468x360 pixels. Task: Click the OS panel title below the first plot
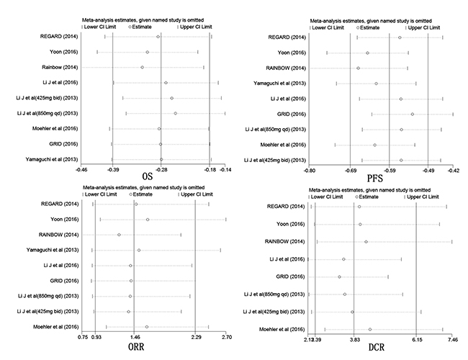148,176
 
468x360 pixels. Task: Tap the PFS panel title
374,179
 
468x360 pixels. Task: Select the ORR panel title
136,347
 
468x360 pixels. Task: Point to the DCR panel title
377,347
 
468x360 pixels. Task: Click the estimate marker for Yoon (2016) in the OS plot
147,52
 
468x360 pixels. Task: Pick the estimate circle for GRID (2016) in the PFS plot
412,114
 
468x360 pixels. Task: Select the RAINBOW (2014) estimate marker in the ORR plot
119,235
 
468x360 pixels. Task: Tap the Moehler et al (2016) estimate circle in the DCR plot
370,329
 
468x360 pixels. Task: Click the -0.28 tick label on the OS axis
161,170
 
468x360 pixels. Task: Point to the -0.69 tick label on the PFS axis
351,171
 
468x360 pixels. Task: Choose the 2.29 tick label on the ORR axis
196,337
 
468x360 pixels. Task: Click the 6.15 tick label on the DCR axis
418,340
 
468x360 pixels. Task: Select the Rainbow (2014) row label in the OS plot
60,67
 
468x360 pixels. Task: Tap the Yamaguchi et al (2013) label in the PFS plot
279,84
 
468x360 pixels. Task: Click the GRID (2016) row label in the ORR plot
64,281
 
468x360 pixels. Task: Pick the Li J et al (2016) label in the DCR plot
287,259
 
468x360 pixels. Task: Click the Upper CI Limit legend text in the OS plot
196,27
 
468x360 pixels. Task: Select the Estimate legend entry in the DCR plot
369,197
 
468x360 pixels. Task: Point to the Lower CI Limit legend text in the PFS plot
328,27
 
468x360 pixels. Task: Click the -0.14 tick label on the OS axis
225,170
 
